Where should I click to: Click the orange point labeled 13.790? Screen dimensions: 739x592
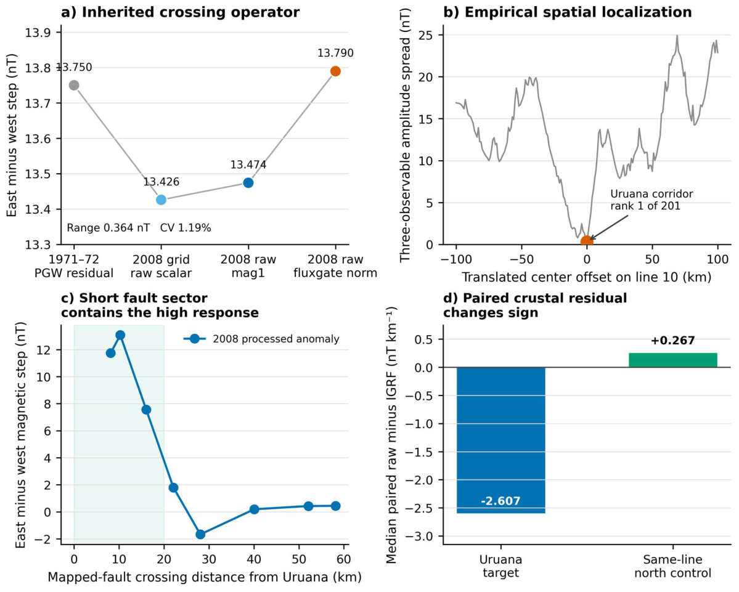pos(335,71)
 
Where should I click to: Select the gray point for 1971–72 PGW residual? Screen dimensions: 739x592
pos(74,85)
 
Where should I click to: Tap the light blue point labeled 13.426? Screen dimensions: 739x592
pos(161,200)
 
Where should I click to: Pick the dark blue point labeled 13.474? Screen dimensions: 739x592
pos(248,183)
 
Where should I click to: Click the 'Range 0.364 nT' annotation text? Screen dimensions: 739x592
pos(108,228)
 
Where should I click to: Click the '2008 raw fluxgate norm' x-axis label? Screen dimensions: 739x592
pos(335,266)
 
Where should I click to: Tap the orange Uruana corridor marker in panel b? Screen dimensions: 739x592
pos(587,241)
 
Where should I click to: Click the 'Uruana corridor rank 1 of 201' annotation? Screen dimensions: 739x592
pos(652,200)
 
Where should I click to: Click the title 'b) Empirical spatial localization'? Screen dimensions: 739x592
pos(568,12)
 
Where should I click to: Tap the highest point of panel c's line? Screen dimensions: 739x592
pos(120,335)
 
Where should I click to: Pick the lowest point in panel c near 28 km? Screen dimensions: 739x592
pos(200,535)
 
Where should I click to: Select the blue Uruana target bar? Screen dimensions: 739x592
pos(501,440)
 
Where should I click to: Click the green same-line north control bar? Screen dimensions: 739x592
pos(673,360)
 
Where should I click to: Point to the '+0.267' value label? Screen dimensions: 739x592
pos(673,341)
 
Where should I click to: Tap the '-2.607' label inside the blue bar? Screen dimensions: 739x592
pos(501,501)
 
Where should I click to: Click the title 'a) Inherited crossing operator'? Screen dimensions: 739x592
pos(181,12)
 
